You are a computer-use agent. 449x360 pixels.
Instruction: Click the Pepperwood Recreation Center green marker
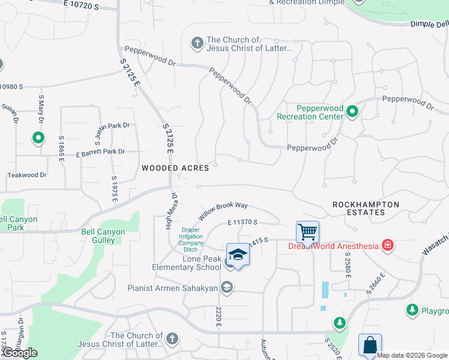353,110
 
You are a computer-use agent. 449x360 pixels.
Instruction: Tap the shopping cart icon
307,231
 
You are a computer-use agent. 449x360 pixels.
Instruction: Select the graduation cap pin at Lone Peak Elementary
238,255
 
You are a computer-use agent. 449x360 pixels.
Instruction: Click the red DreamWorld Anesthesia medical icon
388,245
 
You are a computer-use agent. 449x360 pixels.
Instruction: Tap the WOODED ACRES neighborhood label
175,168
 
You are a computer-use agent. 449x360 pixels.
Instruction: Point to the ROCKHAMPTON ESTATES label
366,208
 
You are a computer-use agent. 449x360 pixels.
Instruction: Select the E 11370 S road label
243,223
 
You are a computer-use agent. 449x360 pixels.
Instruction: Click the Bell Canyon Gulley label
104,236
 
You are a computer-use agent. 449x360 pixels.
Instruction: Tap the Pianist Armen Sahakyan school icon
227,288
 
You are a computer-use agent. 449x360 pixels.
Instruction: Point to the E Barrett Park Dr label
92,152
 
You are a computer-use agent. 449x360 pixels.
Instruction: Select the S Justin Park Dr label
112,127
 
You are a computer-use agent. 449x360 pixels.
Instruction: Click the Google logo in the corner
19,353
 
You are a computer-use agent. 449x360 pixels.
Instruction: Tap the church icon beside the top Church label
196,43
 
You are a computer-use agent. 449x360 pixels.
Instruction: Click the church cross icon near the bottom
172,339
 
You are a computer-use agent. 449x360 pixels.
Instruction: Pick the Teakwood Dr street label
26,175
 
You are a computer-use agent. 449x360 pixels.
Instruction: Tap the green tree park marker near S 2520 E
340,323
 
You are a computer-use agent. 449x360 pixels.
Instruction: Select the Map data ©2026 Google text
412,355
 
